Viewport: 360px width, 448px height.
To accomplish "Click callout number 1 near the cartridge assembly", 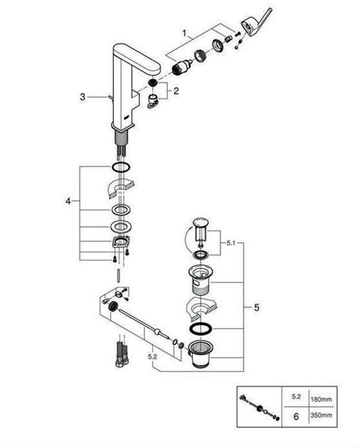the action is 184,33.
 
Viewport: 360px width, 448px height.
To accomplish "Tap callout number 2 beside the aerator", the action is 176,91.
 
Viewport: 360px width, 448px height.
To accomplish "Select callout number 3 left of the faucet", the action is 82,97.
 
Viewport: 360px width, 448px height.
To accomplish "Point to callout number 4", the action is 68,201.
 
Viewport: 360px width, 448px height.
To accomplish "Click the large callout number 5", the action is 256,308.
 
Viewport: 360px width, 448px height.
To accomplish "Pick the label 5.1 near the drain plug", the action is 231,243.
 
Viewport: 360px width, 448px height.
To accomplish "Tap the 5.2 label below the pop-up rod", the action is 153,357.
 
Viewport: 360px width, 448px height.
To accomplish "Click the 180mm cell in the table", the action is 321,399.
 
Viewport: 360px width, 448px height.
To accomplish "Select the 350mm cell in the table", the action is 321,415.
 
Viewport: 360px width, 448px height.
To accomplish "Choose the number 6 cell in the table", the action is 296,416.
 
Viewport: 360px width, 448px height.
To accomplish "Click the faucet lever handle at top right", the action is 256,23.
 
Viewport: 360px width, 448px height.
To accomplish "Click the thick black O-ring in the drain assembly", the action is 201,328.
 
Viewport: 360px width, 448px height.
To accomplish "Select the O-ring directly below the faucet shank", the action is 121,167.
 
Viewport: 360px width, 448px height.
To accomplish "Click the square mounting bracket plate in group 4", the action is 121,242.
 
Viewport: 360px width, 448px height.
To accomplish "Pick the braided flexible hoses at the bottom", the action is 121,354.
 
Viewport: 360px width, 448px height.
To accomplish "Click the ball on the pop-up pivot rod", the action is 157,331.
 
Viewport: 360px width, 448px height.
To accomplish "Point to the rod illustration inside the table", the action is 260,407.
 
